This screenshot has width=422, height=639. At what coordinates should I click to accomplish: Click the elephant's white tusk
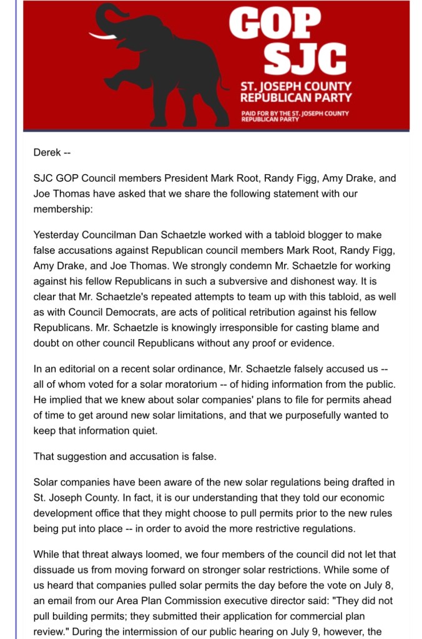[103, 36]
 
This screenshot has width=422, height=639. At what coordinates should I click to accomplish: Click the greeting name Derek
[47, 152]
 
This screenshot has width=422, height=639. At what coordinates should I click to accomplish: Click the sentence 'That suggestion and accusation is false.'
[125, 456]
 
